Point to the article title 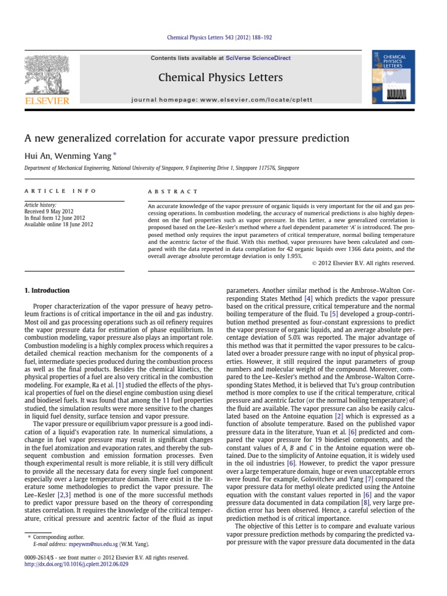click(186, 139)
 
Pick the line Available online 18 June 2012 click(58, 224)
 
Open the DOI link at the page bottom click(72, 564)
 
